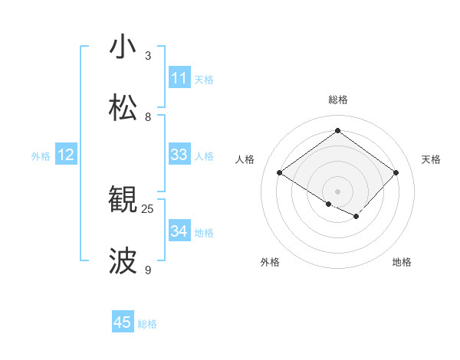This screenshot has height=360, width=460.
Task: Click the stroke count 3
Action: [x=148, y=56]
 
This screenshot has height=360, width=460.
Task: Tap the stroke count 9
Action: [x=148, y=270]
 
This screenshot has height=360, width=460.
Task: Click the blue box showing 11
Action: [x=179, y=78]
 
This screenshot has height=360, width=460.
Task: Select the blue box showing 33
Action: [x=179, y=155]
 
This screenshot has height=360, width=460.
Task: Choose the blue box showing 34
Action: [x=179, y=231]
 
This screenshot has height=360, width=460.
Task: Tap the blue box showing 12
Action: [x=66, y=155]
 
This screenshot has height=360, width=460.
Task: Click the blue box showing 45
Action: [x=123, y=322]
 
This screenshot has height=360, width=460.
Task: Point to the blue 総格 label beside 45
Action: [x=147, y=324]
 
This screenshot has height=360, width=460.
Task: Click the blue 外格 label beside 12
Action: [x=41, y=156]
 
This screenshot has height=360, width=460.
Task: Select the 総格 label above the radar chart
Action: [x=337, y=100]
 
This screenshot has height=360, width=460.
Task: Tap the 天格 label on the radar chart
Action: [x=432, y=159]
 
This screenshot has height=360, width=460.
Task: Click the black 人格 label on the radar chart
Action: [x=245, y=159]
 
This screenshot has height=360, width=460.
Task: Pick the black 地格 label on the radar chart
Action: [x=402, y=262]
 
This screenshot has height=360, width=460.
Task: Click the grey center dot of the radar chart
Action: [x=337, y=190]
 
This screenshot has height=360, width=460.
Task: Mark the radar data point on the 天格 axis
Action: [x=396, y=172]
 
